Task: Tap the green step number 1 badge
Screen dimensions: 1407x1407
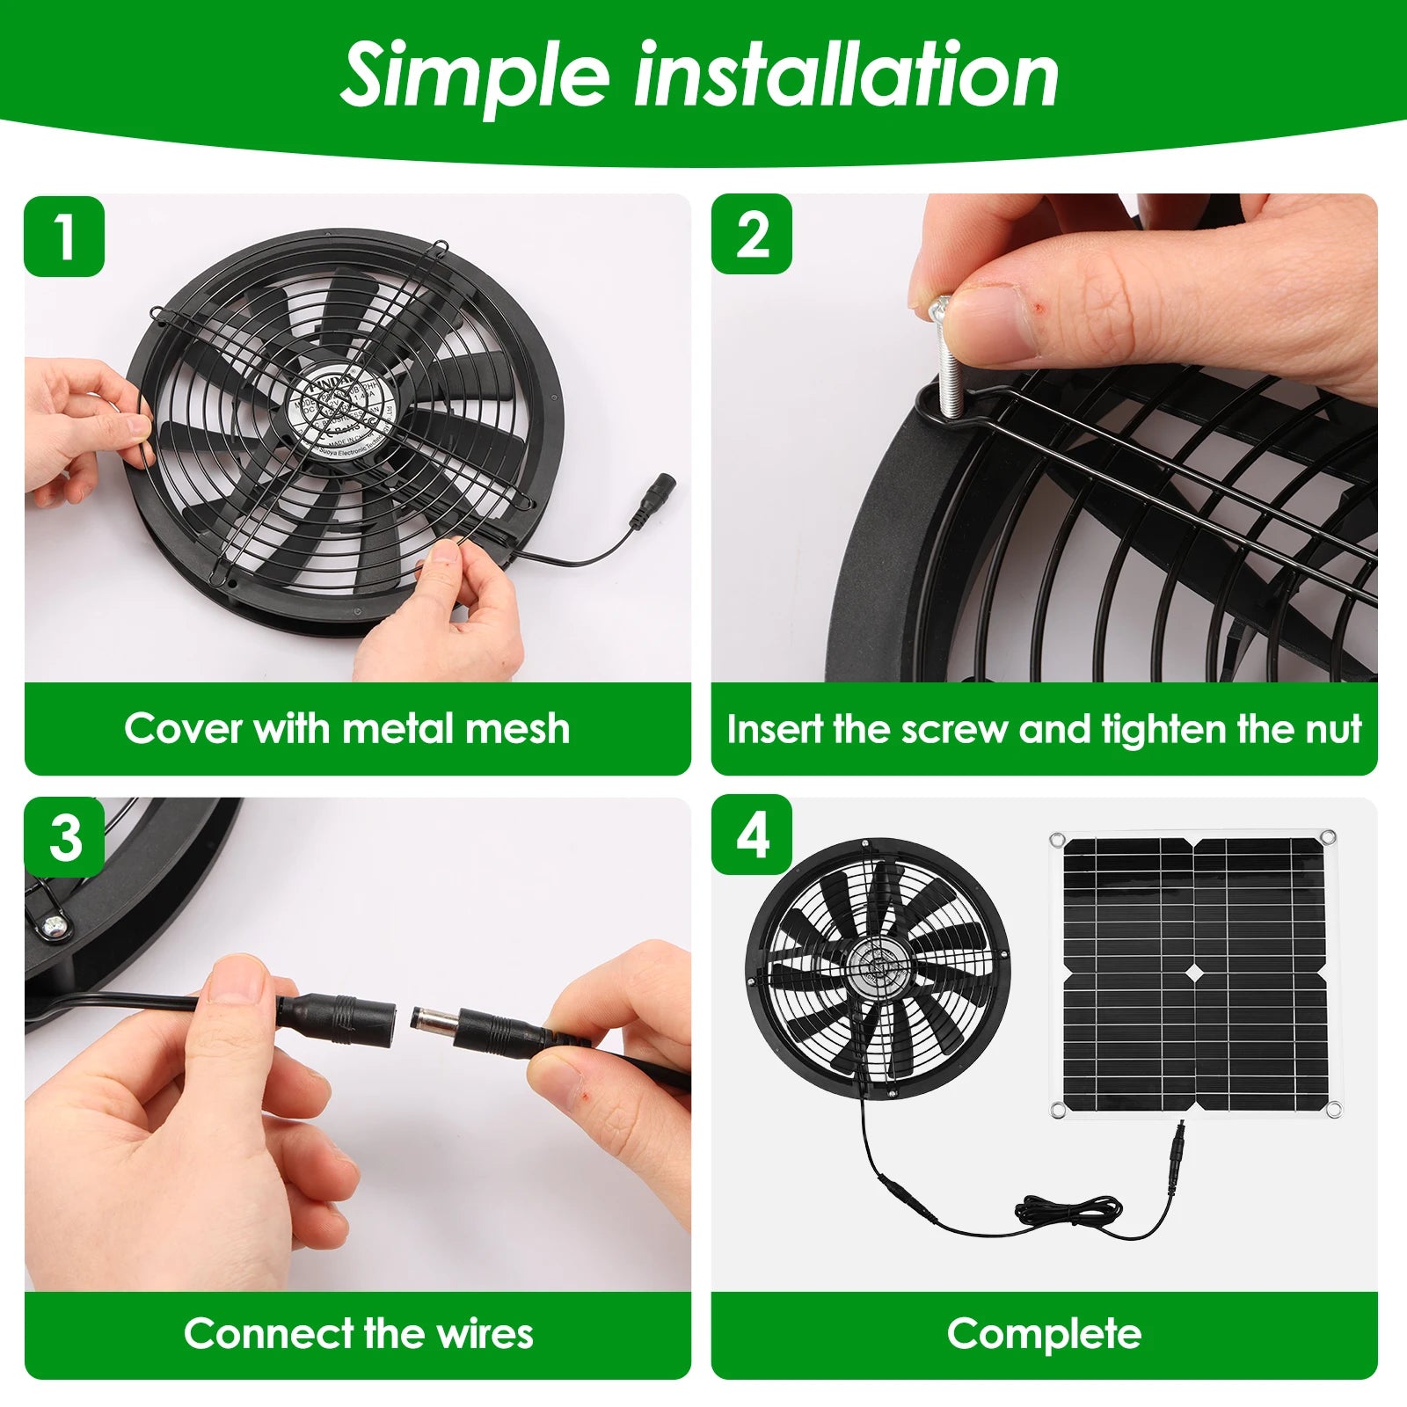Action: [x=64, y=236]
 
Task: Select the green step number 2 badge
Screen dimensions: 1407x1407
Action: [x=752, y=234]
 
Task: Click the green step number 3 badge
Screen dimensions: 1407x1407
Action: [x=65, y=836]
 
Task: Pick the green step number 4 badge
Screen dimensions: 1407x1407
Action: [x=752, y=835]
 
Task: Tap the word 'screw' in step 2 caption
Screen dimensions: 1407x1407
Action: [x=955, y=729]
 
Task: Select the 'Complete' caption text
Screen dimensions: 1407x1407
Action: [x=1044, y=1333]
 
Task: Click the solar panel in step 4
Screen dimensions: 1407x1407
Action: [x=1194, y=974]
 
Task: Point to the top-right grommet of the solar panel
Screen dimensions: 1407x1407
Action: [x=1328, y=837]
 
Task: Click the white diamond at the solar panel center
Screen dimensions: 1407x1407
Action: [x=1194, y=974]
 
